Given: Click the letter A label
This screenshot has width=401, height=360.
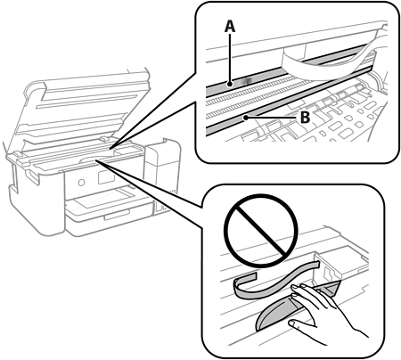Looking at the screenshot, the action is tap(230, 26).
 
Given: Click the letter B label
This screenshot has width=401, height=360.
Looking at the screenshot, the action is tap(305, 118).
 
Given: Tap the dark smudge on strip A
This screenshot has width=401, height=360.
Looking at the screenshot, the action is tap(247, 80).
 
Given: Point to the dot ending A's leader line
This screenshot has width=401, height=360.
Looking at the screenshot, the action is tap(230, 85).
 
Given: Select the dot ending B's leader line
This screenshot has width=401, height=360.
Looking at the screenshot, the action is tap(246, 118).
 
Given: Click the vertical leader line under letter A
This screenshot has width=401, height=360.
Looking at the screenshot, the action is tap(230, 58).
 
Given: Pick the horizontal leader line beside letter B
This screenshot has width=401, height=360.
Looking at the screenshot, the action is tap(272, 118).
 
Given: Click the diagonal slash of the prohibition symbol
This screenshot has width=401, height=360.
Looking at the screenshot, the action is tap(260, 231).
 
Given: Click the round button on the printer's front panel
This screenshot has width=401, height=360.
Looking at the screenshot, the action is tap(81, 183).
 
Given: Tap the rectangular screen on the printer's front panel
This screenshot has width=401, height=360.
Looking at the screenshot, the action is tap(106, 177).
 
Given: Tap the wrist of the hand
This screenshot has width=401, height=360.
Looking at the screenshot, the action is tap(355, 331).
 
